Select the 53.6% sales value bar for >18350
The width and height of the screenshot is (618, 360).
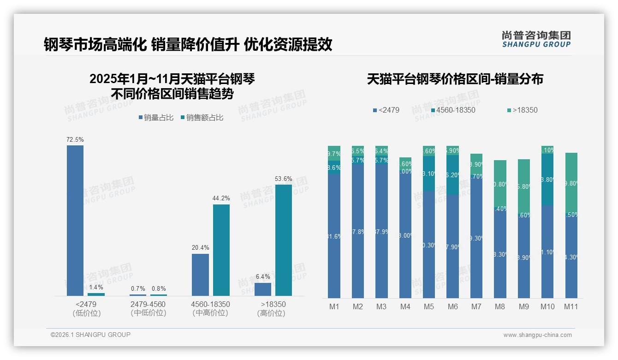coord(283,240)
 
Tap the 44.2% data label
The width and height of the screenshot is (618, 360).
coord(221,198)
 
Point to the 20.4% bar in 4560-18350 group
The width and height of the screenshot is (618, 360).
coord(200,275)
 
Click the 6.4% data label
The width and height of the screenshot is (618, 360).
coord(262,276)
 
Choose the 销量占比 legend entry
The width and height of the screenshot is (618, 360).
coord(155,118)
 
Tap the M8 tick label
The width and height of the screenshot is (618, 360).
coord(500,306)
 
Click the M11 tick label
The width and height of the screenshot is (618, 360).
coord(571,306)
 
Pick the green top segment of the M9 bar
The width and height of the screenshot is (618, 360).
coord(523,185)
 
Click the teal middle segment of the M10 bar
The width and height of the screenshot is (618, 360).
coord(547,180)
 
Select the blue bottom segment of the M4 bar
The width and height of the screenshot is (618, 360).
coord(405,235)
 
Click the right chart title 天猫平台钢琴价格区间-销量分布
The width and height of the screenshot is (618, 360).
coord(455,79)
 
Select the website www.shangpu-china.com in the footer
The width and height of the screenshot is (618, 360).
coord(537,335)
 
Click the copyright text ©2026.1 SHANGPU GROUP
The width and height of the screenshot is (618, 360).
coord(90,335)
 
